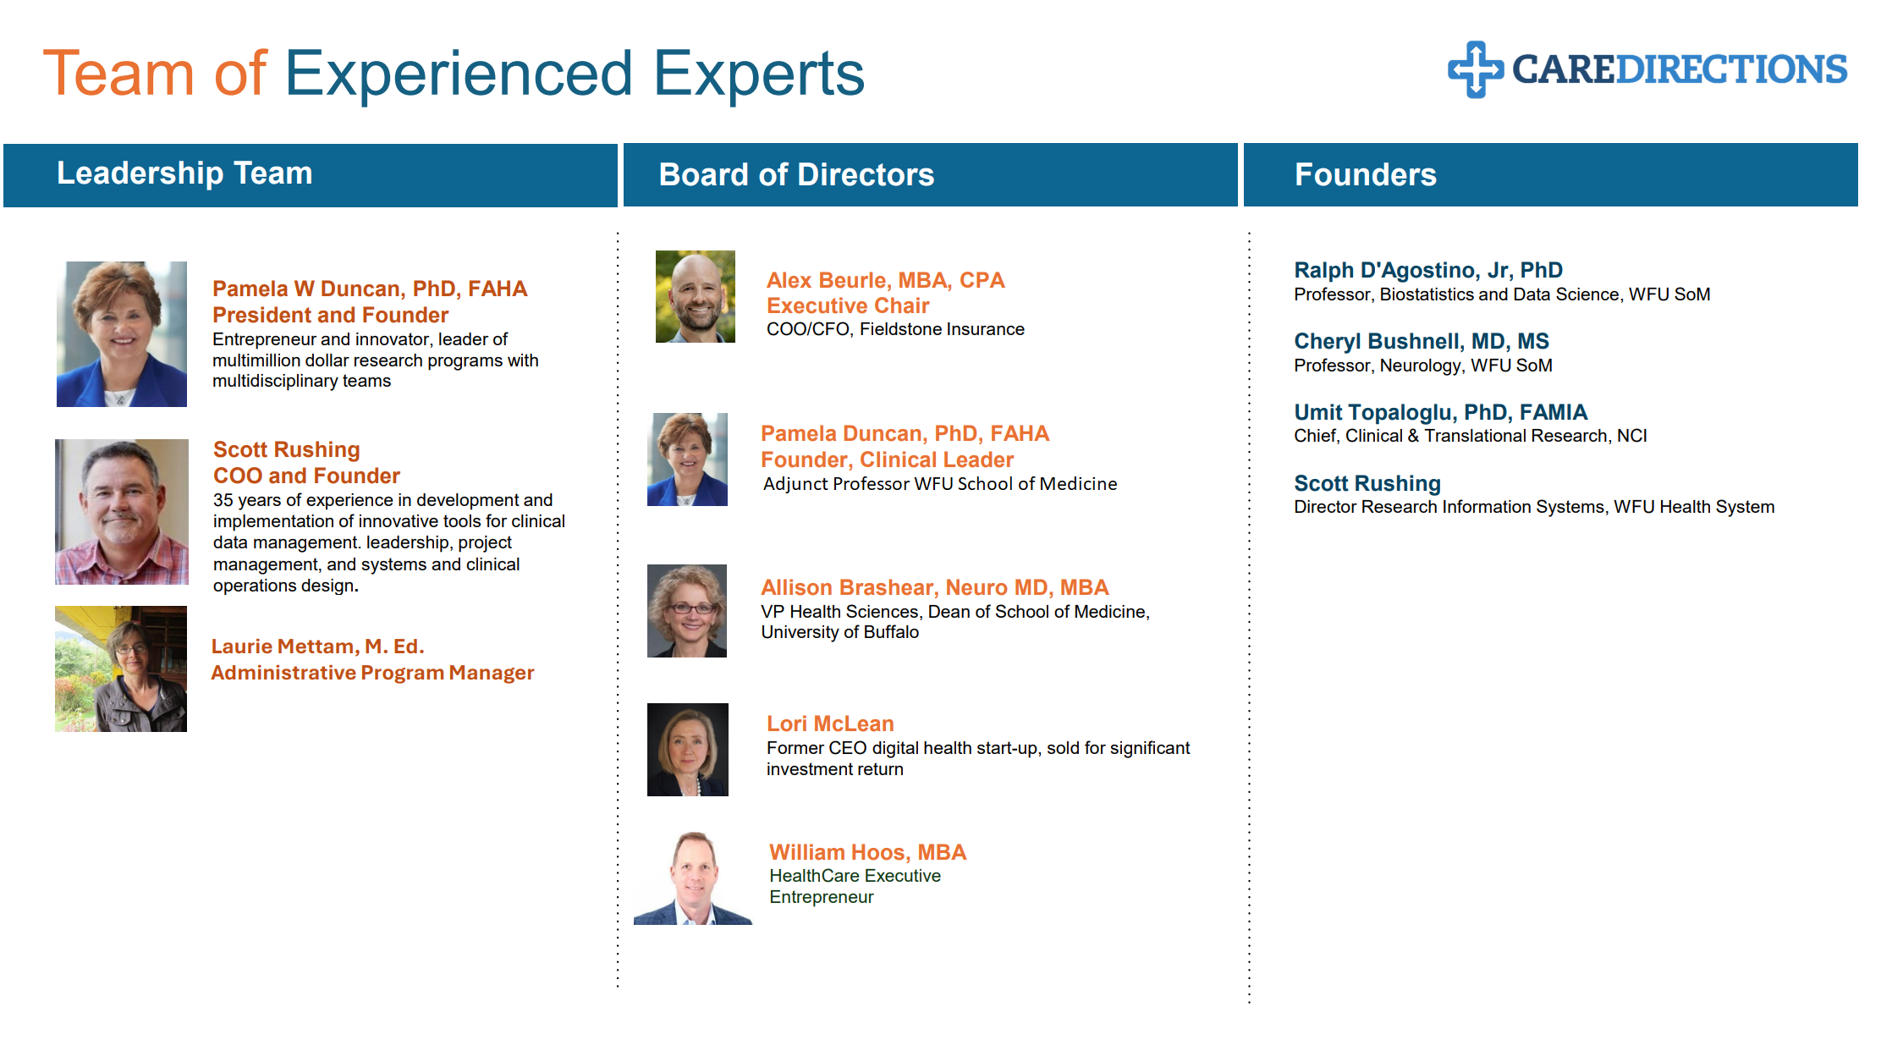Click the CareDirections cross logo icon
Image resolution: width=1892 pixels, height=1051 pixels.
(1476, 69)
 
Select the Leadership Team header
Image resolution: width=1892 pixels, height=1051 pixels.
(184, 173)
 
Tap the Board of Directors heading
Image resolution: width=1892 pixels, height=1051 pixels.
(796, 174)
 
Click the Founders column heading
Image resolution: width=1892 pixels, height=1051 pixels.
(1366, 174)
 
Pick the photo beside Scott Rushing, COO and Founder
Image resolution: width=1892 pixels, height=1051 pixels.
(122, 512)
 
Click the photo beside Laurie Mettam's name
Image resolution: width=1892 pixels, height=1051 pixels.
(121, 669)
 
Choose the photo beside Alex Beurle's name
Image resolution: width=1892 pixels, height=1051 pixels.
(696, 296)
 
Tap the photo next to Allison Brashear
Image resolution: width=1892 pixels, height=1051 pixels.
(687, 611)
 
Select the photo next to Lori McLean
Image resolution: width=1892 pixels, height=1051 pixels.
(688, 750)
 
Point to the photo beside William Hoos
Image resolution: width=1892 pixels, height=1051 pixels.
(693, 878)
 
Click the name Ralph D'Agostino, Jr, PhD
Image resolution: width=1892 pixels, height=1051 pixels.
(1428, 270)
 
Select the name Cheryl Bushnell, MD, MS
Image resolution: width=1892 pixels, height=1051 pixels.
(1422, 341)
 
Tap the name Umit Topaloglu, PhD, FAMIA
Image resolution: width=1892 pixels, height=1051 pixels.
(1441, 412)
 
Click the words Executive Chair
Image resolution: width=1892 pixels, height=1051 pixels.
(848, 305)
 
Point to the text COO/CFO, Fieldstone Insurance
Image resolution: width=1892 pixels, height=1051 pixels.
(895, 329)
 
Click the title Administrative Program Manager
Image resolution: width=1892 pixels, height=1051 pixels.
(372, 673)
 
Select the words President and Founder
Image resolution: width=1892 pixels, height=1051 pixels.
(330, 315)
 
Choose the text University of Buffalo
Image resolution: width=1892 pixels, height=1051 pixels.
(839, 632)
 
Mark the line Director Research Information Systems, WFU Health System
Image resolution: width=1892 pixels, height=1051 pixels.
(1534, 507)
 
